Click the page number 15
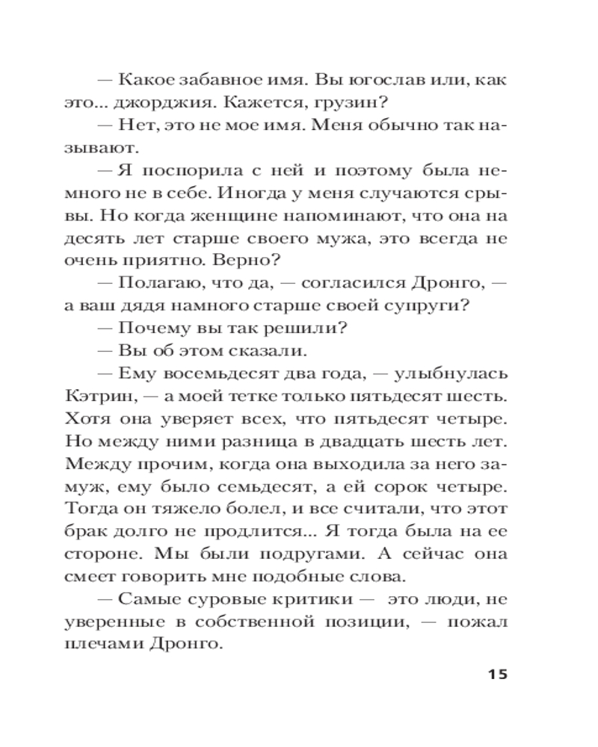[x=497, y=675]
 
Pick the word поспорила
[x=173, y=171]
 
